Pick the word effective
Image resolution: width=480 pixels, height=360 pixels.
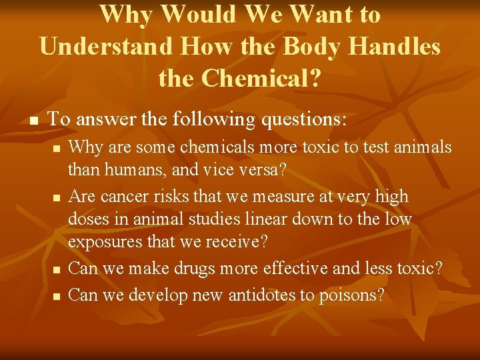tap(291, 269)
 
